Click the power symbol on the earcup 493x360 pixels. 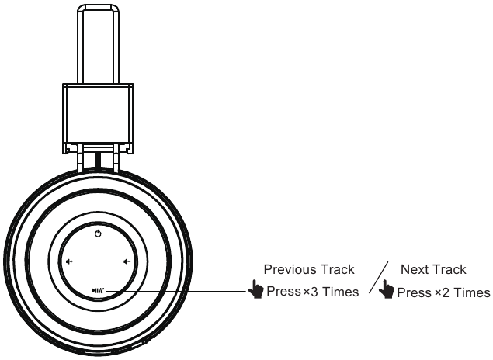[x=98, y=234]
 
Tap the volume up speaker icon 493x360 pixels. [x=69, y=261]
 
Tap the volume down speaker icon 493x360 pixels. [x=127, y=261]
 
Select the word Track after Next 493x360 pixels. [x=450, y=270]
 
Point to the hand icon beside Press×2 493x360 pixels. [x=386, y=292]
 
